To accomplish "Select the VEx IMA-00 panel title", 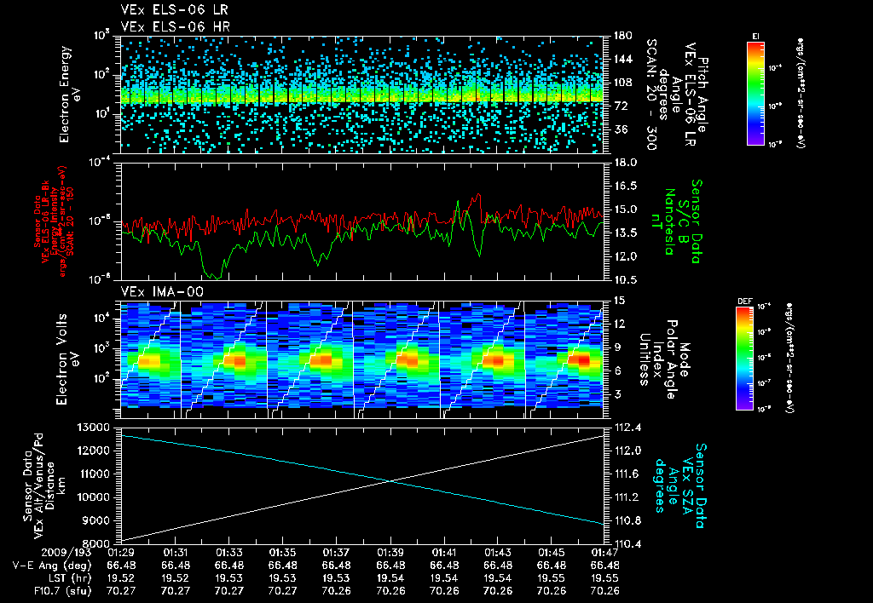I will pyautogui.click(x=157, y=291).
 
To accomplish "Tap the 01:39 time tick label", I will pyautogui.click(x=390, y=552).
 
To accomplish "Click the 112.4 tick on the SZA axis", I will pyautogui.click(x=624, y=427).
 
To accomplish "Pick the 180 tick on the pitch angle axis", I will pyautogui.click(x=622, y=36).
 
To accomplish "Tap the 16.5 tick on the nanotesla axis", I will pyautogui.click(x=624, y=185).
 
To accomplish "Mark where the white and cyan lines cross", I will pyautogui.click(x=391, y=481).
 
